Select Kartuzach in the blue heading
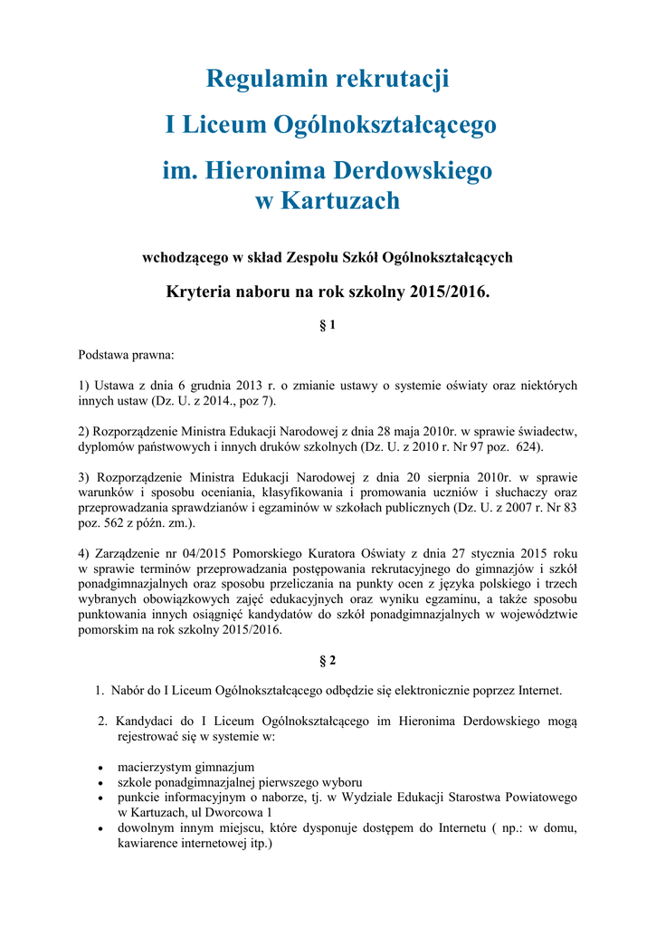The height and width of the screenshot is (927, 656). tap(341, 200)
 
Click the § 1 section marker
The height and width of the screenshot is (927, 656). tap(328, 325)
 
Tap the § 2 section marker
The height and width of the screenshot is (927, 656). tap(328, 660)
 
